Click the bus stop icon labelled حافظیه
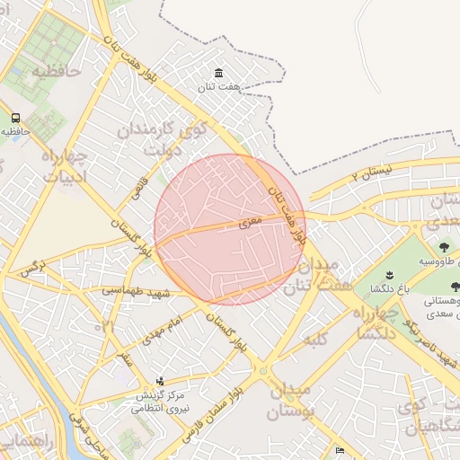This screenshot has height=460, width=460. click(x=15, y=118)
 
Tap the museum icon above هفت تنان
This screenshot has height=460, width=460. click(x=218, y=73)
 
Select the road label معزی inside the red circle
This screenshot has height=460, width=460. click(x=251, y=219)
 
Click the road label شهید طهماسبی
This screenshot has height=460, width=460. click(x=135, y=290)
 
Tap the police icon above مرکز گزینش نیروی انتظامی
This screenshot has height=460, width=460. click(x=161, y=381)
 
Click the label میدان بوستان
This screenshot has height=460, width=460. click(x=289, y=402)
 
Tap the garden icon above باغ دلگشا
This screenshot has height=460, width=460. click(x=389, y=274)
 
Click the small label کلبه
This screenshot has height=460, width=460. click(x=314, y=340)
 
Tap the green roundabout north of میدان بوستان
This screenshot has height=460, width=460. click(x=263, y=369)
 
